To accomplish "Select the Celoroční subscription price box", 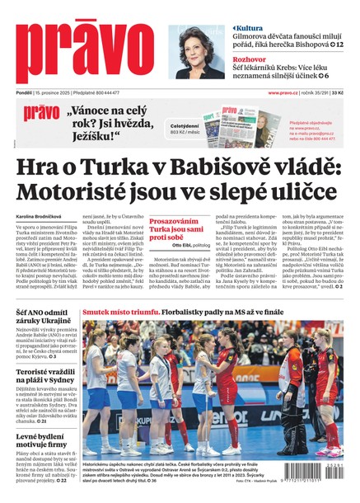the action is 185,129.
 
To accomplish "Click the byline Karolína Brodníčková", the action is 40,216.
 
